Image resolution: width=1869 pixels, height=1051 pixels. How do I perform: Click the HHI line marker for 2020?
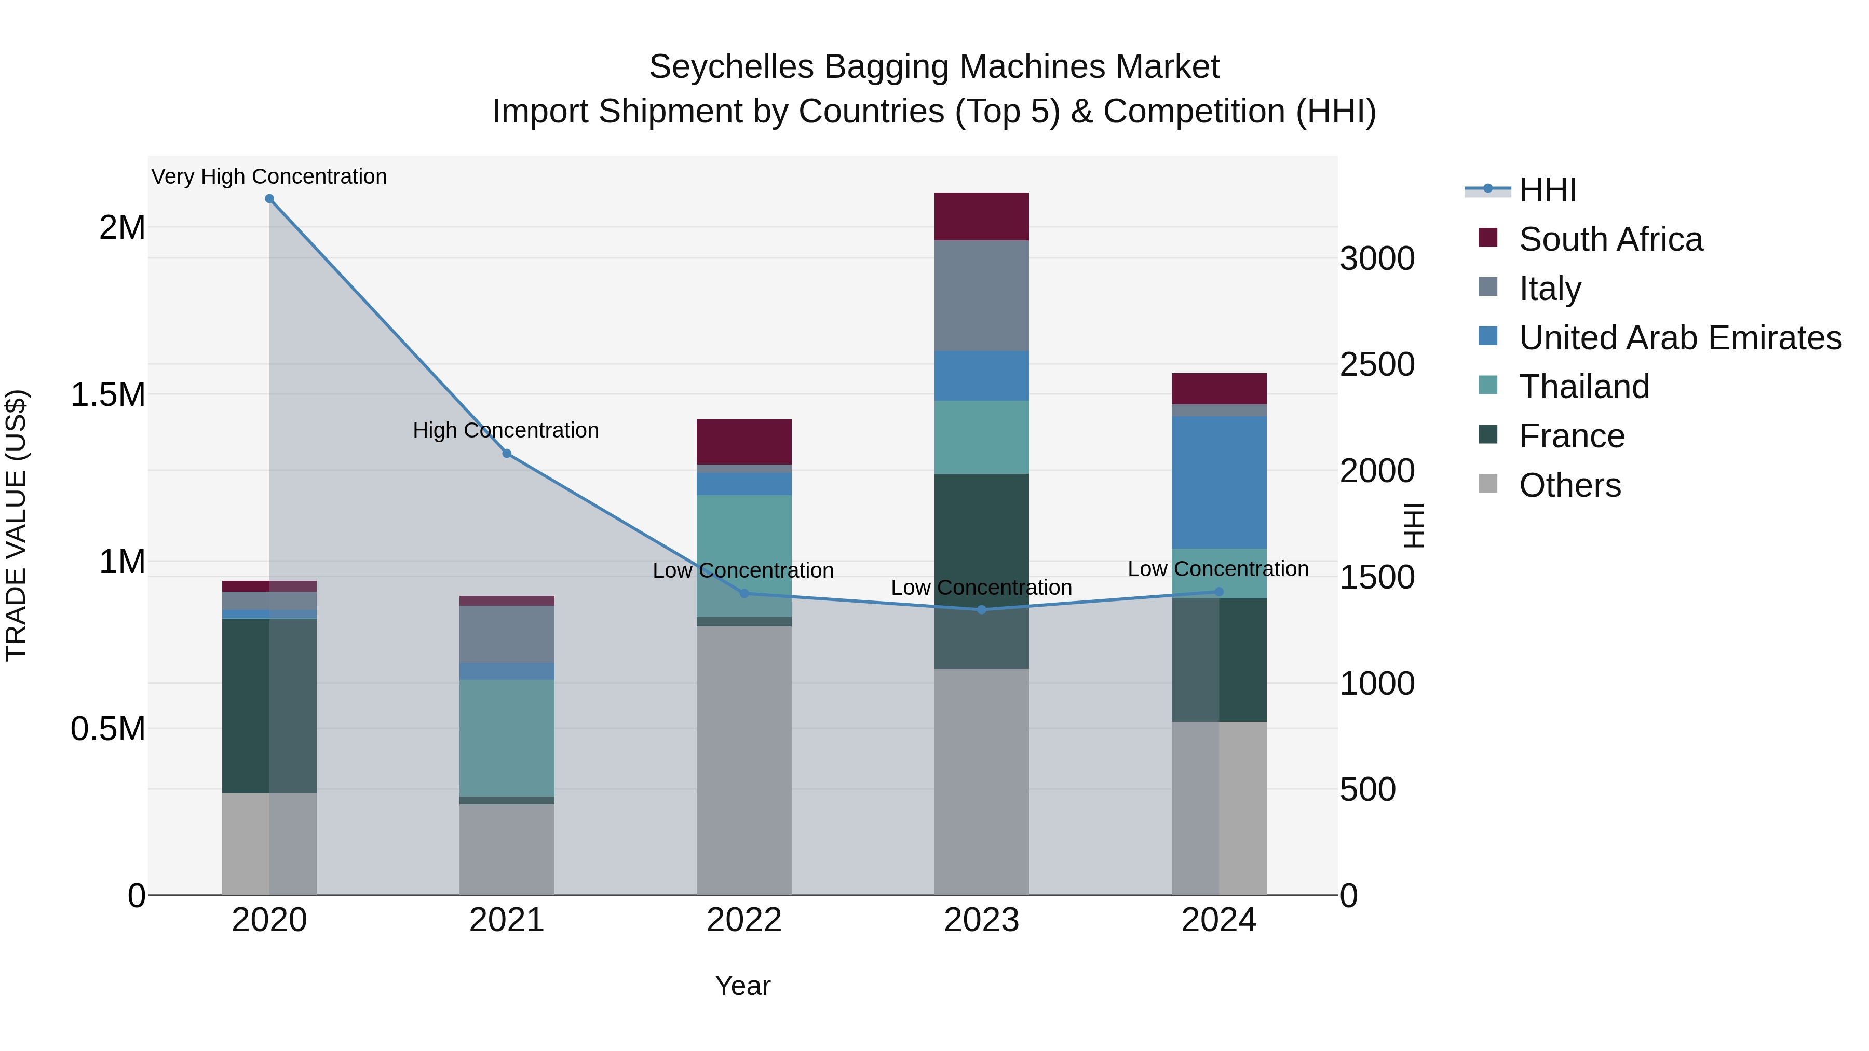(269, 199)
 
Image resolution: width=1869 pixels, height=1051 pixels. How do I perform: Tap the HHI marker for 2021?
(506, 453)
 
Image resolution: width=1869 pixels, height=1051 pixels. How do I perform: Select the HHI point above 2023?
(982, 610)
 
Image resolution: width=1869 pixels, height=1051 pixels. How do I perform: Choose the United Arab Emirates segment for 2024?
(1219, 482)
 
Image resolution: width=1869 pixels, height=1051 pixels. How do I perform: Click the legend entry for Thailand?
(1584, 387)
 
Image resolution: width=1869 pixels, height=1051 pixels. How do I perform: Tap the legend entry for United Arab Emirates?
(1680, 338)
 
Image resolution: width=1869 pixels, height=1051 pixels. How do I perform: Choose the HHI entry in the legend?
(1547, 190)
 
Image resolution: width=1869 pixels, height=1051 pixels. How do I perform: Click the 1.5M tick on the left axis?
(107, 395)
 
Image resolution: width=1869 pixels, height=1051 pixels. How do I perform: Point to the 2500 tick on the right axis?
(1376, 365)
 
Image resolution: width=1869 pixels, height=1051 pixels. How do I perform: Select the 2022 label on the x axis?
(743, 920)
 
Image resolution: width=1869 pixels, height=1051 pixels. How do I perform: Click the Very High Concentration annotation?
(269, 176)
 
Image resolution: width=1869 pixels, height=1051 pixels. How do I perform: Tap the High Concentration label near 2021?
(506, 430)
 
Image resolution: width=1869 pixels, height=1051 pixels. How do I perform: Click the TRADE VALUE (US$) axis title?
(16, 525)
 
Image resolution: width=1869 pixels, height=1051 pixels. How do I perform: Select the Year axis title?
(742, 986)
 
